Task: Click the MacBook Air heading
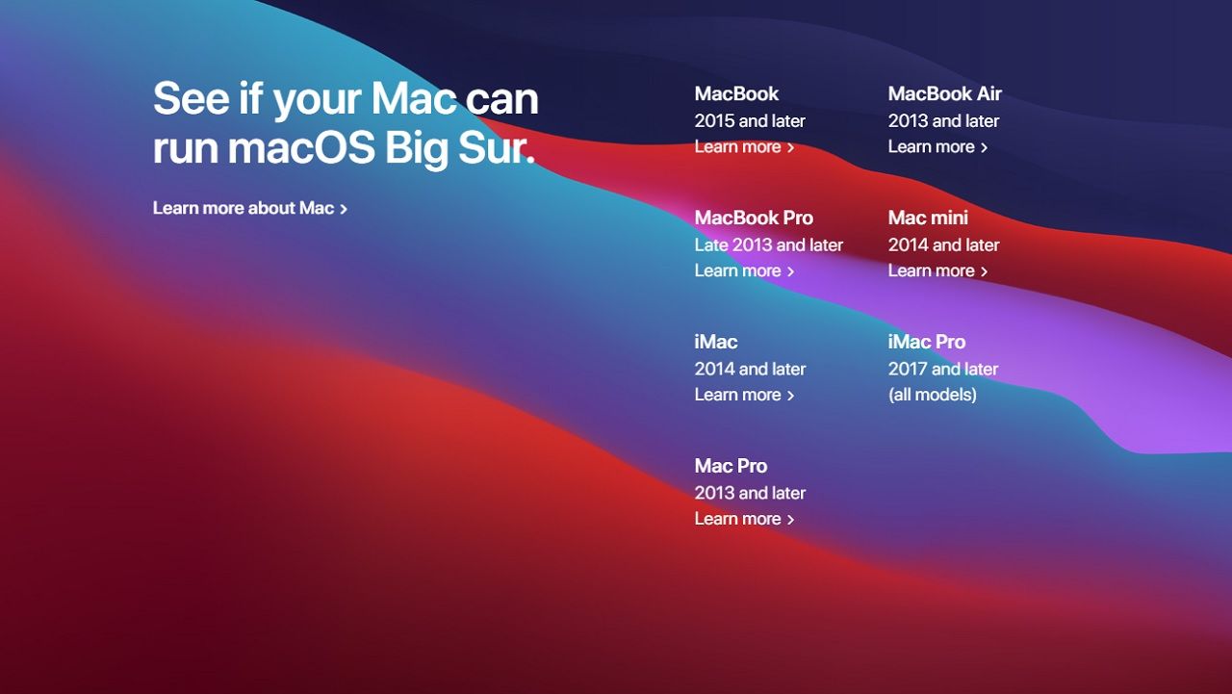pyautogui.click(x=944, y=93)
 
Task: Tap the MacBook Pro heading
pyautogui.click(x=754, y=218)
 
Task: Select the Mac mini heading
pyautogui.click(x=928, y=218)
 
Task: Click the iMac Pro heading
pyautogui.click(x=926, y=342)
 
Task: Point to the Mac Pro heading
pyautogui.click(x=731, y=466)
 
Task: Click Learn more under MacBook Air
pyautogui.click(x=937, y=147)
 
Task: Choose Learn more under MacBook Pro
pyautogui.click(x=744, y=271)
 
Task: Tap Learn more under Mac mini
pyautogui.click(x=937, y=271)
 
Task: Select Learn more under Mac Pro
pyautogui.click(x=744, y=519)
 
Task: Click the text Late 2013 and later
pyautogui.click(x=768, y=245)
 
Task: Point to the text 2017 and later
pyautogui.click(x=942, y=369)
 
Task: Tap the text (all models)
pyautogui.click(x=932, y=395)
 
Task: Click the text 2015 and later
pyautogui.click(x=750, y=121)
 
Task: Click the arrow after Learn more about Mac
pyautogui.click(x=344, y=209)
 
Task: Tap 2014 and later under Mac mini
pyautogui.click(x=943, y=245)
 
